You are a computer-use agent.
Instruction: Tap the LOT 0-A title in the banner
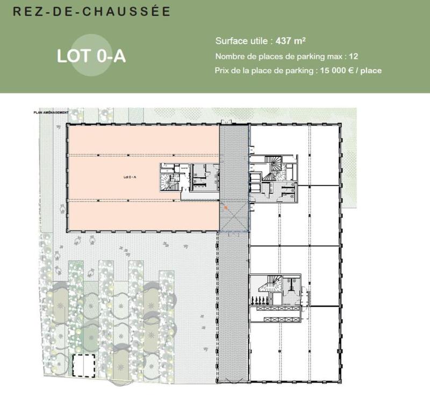(91, 56)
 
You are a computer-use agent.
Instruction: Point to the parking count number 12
(354, 56)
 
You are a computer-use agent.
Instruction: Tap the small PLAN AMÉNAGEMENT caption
(51, 113)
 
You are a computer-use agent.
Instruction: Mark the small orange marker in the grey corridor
(227, 206)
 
